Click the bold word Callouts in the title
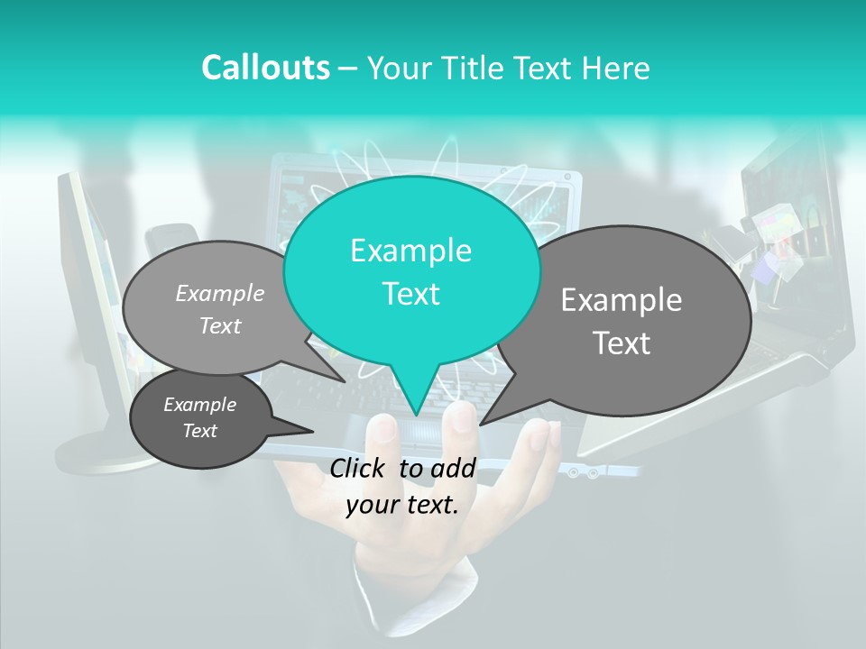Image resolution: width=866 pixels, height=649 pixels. tap(265, 68)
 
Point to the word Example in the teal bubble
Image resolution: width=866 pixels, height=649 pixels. tap(410, 251)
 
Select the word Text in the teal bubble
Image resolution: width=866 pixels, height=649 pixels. tap(410, 294)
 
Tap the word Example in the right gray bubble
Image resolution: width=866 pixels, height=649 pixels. tap(622, 300)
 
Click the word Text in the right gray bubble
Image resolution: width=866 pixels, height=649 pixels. tap(622, 343)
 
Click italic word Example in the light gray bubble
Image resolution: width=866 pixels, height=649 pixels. tap(220, 293)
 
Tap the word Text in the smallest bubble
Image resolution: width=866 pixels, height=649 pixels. tap(200, 431)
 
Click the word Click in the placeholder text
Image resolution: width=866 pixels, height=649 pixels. tap(358, 468)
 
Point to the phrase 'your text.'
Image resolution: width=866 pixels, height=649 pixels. tap(402, 505)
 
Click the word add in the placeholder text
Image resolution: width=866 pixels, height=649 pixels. tap(453, 468)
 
